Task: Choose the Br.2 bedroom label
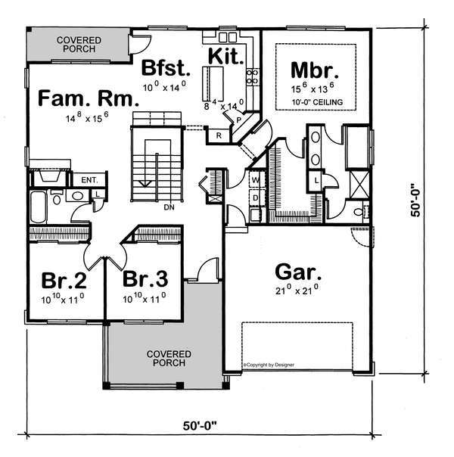pyautogui.click(x=63, y=281)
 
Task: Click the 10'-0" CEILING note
pyautogui.click(x=316, y=101)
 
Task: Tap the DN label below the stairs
pyautogui.click(x=170, y=206)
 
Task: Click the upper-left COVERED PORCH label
pyautogui.click(x=74, y=43)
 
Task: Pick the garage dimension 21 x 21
pyautogui.click(x=290, y=291)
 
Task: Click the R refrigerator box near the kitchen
pyautogui.click(x=218, y=136)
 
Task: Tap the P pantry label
pyautogui.click(x=238, y=120)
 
